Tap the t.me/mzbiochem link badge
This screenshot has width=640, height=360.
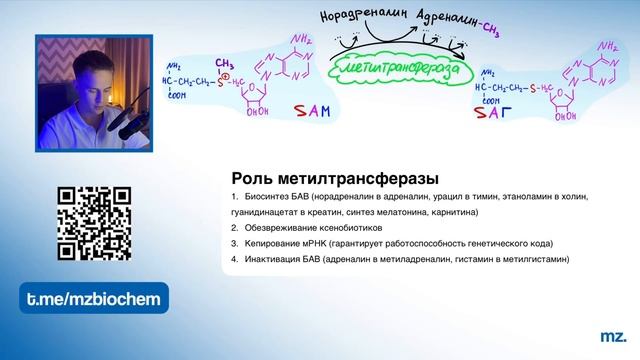click(x=94, y=298)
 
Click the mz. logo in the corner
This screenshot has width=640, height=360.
click(x=612, y=338)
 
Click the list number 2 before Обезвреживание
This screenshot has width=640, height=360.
click(x=233, y=228)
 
